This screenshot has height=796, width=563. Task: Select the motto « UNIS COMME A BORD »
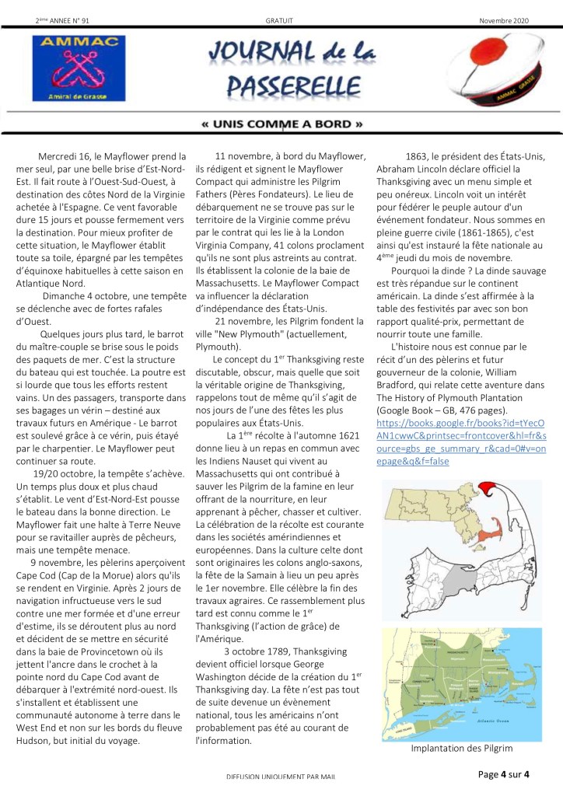coord(281,124)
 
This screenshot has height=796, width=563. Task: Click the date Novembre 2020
coord(504,20)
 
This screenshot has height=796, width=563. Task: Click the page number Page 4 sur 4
coord(504,773)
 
